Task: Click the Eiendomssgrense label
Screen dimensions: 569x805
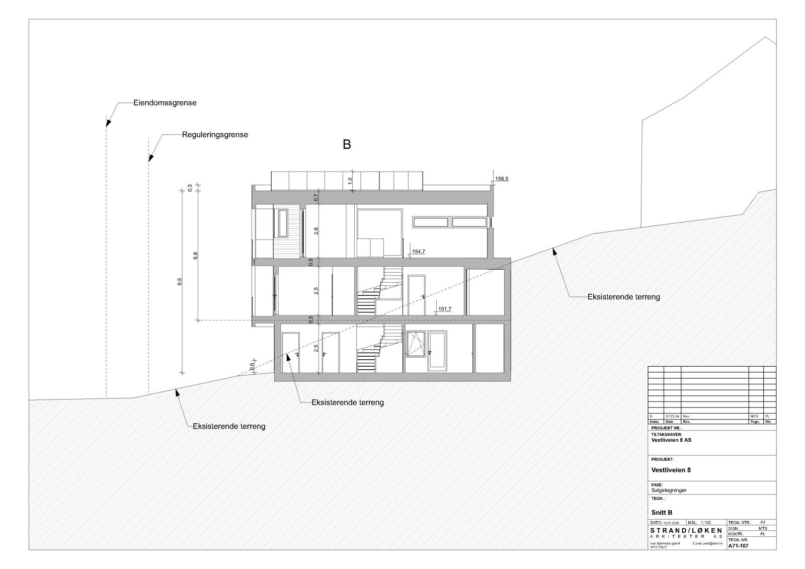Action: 165,103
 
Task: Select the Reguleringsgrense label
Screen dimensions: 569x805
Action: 215,135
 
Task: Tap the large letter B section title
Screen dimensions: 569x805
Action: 347,145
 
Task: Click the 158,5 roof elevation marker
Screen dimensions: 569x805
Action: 502,179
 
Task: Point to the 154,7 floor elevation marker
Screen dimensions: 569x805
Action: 419,251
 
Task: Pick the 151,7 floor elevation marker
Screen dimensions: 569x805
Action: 445,309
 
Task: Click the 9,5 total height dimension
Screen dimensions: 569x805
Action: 180,282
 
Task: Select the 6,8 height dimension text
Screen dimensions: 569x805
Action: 196,256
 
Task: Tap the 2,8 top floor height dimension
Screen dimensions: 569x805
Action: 316,231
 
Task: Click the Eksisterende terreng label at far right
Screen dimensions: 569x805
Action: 623,297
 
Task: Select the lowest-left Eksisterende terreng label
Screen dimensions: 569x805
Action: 229,426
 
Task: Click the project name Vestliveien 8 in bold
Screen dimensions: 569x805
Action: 671,470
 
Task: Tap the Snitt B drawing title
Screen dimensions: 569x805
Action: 662,513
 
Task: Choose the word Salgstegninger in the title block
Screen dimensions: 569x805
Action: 669,490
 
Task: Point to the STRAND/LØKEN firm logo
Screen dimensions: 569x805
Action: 686,532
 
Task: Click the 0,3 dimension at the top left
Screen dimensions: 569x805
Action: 190,188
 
